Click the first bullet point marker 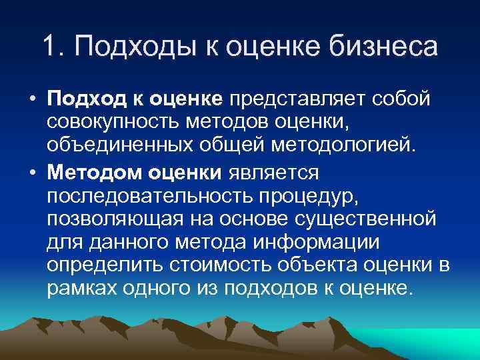coord(32,99)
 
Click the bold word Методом coord(89,173)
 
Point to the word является coord(275,173)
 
